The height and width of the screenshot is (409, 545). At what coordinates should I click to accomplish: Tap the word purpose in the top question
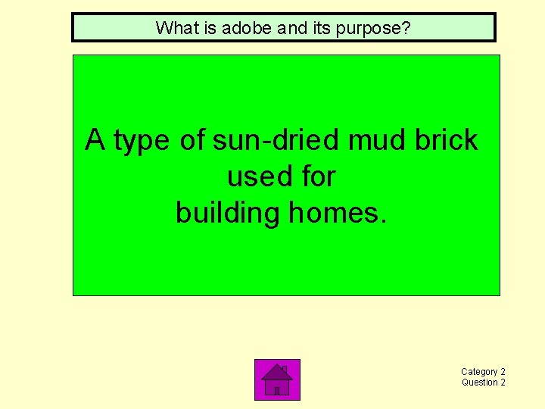click(374, 29)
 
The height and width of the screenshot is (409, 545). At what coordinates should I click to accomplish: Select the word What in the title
click(173, 28)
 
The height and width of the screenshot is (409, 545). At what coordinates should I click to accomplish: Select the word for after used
click(317, 176)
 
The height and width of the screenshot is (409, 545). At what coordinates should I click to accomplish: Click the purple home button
click(277, 379)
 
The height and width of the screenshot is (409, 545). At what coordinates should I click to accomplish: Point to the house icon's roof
click(277, 372)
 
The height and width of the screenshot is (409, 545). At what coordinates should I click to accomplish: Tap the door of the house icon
click(277, 390)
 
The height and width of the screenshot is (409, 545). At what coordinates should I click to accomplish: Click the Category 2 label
click(483, 372)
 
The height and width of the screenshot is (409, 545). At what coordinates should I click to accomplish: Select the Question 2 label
click(483, 382)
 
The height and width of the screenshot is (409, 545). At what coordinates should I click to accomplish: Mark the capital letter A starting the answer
click(95, 140)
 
